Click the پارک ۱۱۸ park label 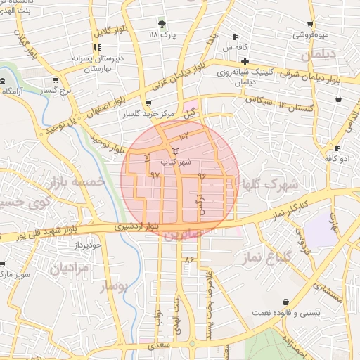[162, 33]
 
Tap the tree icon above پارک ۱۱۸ [162, 23]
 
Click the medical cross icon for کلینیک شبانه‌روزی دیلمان [245, 62]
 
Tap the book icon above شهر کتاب [175, 151]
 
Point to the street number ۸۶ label [188, 259]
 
